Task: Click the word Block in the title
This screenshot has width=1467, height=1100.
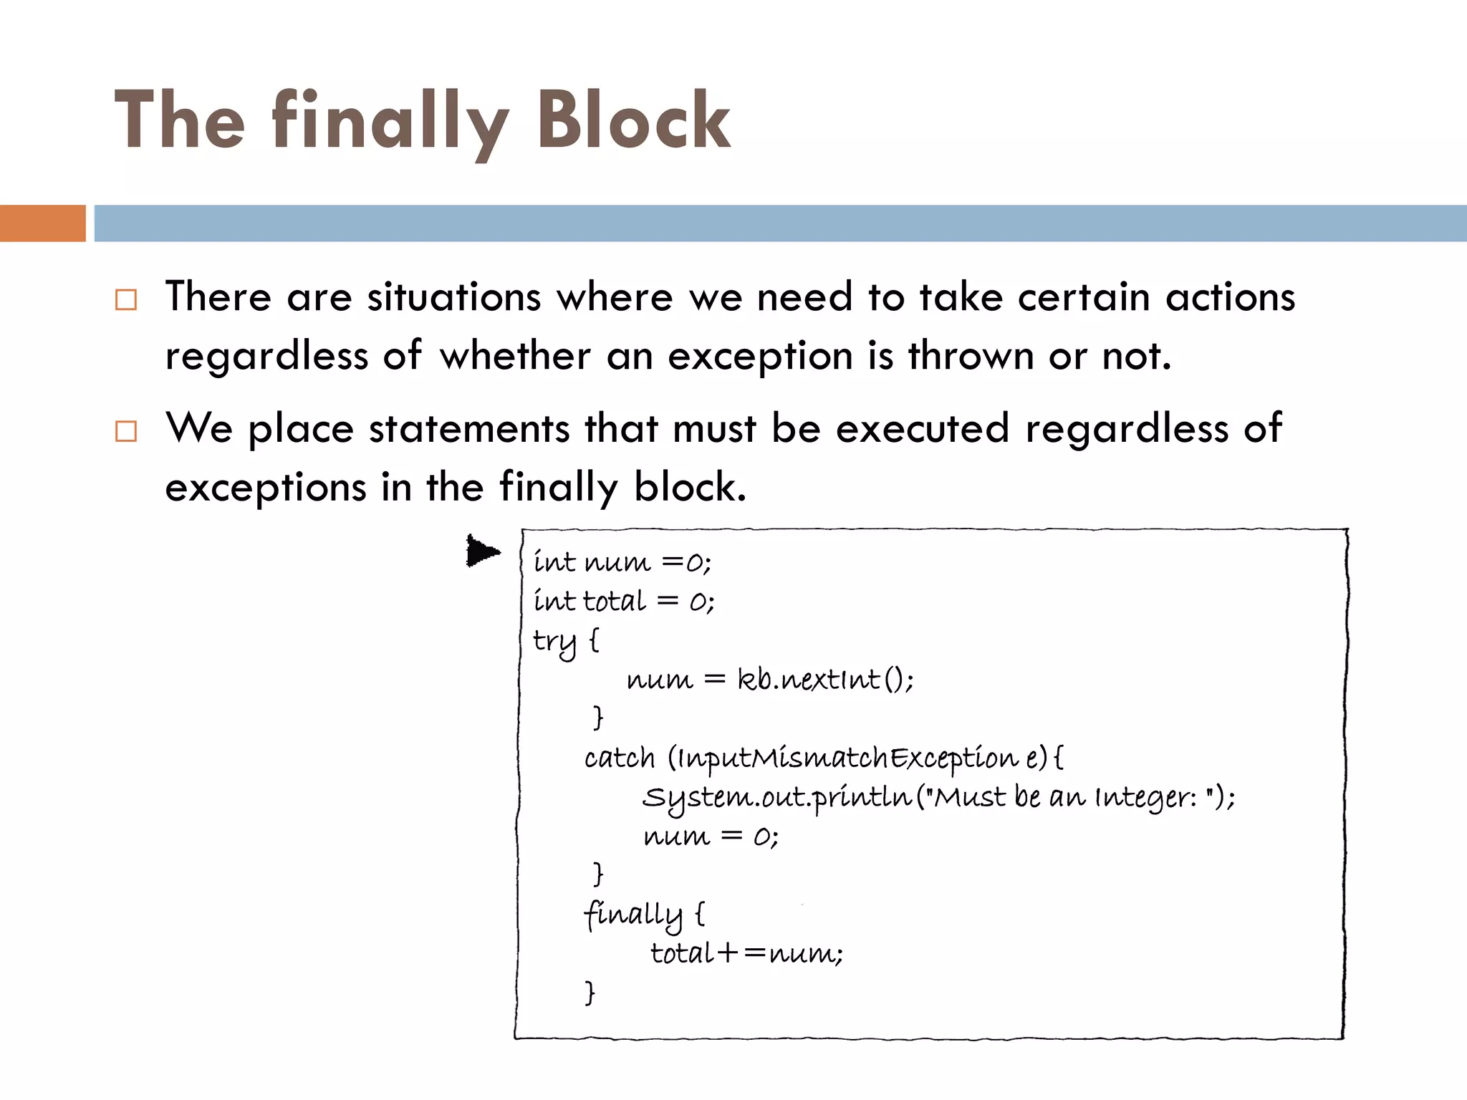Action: (634, 120)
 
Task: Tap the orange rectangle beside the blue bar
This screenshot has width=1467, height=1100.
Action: (42, 223)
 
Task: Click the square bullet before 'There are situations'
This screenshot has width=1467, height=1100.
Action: (126, 299)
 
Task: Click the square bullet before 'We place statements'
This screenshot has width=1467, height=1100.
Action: (126, 431)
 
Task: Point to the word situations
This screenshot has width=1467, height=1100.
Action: (453, 296)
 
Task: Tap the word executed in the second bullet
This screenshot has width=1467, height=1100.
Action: (923, 428)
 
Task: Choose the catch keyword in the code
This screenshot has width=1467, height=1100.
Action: (620, 758)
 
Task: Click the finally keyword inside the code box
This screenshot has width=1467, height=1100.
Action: (633, 915)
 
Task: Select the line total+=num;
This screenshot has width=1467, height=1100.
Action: (746, 953)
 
